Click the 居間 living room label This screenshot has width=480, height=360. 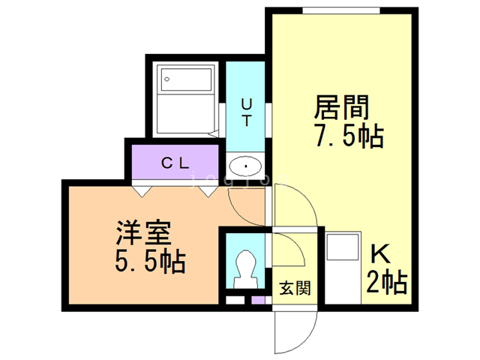pos(342,107)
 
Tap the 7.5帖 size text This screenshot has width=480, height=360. pos(349,136)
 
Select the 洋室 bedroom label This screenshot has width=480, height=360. pos(144,232)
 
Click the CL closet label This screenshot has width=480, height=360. pos(175,163)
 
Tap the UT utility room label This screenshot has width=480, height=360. pos(247,112)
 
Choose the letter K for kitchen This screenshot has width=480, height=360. pos(380,254)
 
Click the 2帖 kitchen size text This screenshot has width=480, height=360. pos(387,283)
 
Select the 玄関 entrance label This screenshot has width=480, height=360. pos(295,288)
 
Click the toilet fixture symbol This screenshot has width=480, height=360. pos(245,269)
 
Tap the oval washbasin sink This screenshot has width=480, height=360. pos(245,166)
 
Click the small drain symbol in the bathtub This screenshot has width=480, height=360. pos(166,79)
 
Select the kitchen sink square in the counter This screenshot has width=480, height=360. pos(343,247)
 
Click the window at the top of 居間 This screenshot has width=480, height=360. pos(341,10)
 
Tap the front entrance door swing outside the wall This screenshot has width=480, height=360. pos(295,332)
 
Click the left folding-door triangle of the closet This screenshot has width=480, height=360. pos(142,191)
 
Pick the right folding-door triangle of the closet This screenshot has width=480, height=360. pos(208,191)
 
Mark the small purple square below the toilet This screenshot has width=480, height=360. pos(258,300)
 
